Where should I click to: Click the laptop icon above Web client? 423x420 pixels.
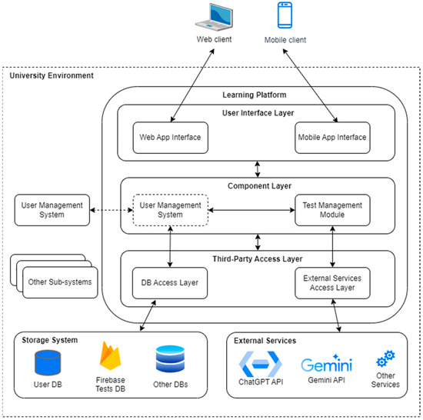tap(215, 17)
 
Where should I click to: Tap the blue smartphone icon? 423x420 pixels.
tap(285, 15)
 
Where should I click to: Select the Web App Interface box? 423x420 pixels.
tap(171, 138)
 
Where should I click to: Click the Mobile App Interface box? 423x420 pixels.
tap(332, 138)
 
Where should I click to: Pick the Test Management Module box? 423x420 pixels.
tap(332, 210)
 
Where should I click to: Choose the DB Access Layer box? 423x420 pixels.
tap(170, 283)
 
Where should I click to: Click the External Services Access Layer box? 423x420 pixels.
tap(332, 283)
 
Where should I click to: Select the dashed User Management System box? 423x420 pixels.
tap(171, 210)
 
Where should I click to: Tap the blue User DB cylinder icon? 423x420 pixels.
tap(48, 362)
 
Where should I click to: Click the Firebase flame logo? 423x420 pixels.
tap(110, 356)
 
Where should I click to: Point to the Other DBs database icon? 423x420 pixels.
tap(170, 359)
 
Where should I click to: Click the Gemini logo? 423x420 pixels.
tap(326, 364)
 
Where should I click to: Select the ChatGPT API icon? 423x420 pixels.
tap(261, 364)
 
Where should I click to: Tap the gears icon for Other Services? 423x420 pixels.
tap(385, 358)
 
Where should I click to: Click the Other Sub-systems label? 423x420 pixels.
tap(60, 282)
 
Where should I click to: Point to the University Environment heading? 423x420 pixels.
tap(52, 75)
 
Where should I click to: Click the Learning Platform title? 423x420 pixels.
tap(255, 95)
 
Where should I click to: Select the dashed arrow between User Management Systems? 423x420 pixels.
tap(112, 210)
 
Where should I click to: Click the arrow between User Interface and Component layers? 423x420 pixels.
tap(258, 169)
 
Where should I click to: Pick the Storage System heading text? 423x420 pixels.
tap(50, 340)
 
